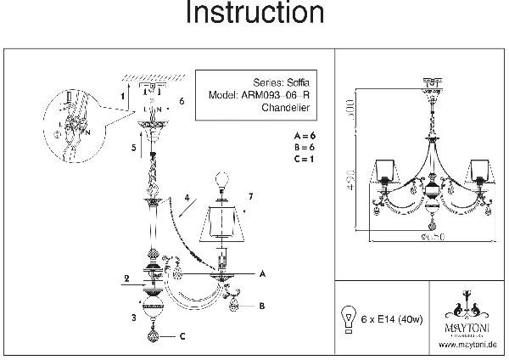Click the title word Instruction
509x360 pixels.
pos(255,14)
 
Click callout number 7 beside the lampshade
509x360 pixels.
pos(250,197)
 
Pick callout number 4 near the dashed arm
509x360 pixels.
pos(184,200)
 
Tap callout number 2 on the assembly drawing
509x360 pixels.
pos(126,278)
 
